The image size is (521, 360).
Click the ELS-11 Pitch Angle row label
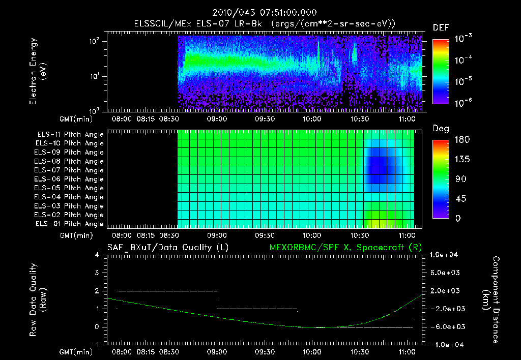click(x=70, y=134)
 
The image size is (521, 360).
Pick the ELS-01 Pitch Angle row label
click(x=70, y=224)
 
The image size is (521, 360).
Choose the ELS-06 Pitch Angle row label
click(x=70, y=179)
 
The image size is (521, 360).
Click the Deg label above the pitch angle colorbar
click(x=441, y=129)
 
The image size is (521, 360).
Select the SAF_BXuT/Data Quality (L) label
click(x=167, y=247)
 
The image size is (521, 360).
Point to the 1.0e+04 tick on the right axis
click(x=445, y=254)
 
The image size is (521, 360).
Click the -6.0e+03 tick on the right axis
click(x=445, y=326)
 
